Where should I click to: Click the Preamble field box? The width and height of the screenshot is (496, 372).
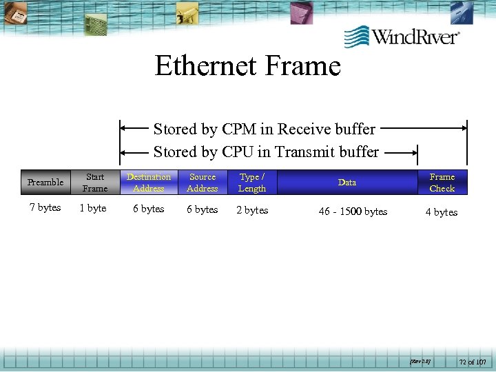pos(45,183)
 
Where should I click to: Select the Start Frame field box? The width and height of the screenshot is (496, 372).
pos(95,183)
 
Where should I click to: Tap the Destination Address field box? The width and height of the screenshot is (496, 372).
pos(149,183)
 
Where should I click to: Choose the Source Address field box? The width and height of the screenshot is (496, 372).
pos(203,183)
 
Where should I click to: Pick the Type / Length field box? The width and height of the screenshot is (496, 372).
pos(252,183)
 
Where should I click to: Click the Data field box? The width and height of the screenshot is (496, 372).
pos(347,183)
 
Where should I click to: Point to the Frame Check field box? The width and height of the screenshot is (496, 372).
pos(442,183)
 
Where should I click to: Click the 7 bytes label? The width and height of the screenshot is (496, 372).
pos(45,207)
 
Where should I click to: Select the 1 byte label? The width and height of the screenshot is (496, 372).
pos(93,208)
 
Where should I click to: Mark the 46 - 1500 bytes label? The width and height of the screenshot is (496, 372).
pos(353,211)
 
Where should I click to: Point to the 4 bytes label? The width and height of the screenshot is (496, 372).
pos(442,212)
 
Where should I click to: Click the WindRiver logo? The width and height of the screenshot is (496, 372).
pos(402,36)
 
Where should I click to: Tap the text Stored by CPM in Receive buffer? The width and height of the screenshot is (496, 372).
pos(265,129)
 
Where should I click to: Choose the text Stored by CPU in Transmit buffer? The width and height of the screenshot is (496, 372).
pos(266,152)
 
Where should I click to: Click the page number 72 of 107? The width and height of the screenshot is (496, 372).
pos(472,361)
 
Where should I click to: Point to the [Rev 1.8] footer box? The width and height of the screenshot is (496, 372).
pos(420,360)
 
